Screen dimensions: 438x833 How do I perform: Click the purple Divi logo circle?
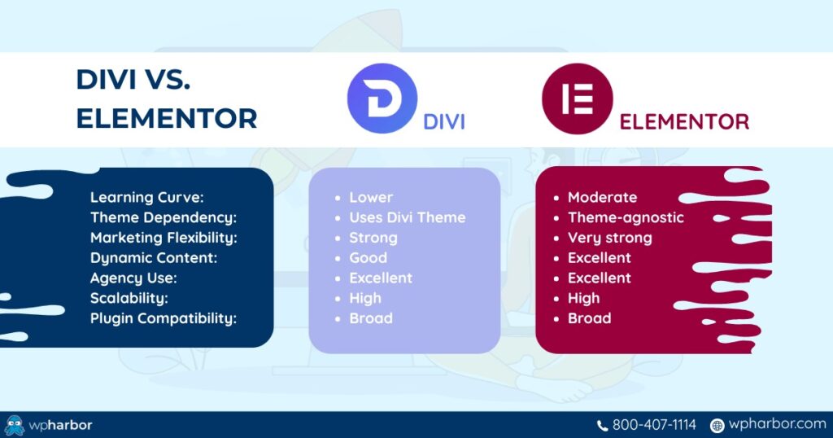pos(382,99)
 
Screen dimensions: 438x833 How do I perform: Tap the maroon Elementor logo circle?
pos(578,99)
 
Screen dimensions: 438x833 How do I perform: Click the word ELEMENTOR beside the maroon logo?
pos(684,122)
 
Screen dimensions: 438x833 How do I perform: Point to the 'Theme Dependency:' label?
pos(163,217)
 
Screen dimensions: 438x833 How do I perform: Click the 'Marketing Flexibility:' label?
pos(163,238)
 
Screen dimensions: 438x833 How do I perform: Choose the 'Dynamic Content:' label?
pos(152,258)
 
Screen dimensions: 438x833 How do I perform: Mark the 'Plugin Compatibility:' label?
pos(163,318)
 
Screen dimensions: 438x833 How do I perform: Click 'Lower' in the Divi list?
pos(371,197)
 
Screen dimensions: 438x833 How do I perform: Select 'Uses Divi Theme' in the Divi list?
pos(407,217)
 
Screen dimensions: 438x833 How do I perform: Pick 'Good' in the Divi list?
pos(369,258)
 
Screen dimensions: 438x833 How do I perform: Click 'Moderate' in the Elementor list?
pos(602,197)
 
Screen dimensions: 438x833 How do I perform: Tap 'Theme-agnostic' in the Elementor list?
pos(626,217)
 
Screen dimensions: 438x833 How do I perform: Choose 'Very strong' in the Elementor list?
pos(609,238)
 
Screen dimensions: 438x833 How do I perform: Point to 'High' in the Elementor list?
pos(583,298)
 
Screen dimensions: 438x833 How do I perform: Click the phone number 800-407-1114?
pos(654,425)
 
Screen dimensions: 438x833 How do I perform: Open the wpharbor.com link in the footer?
pos(777,425)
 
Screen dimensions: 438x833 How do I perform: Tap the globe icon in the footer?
pos(717,425)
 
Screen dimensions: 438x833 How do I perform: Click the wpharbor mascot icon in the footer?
pos(15,425)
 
